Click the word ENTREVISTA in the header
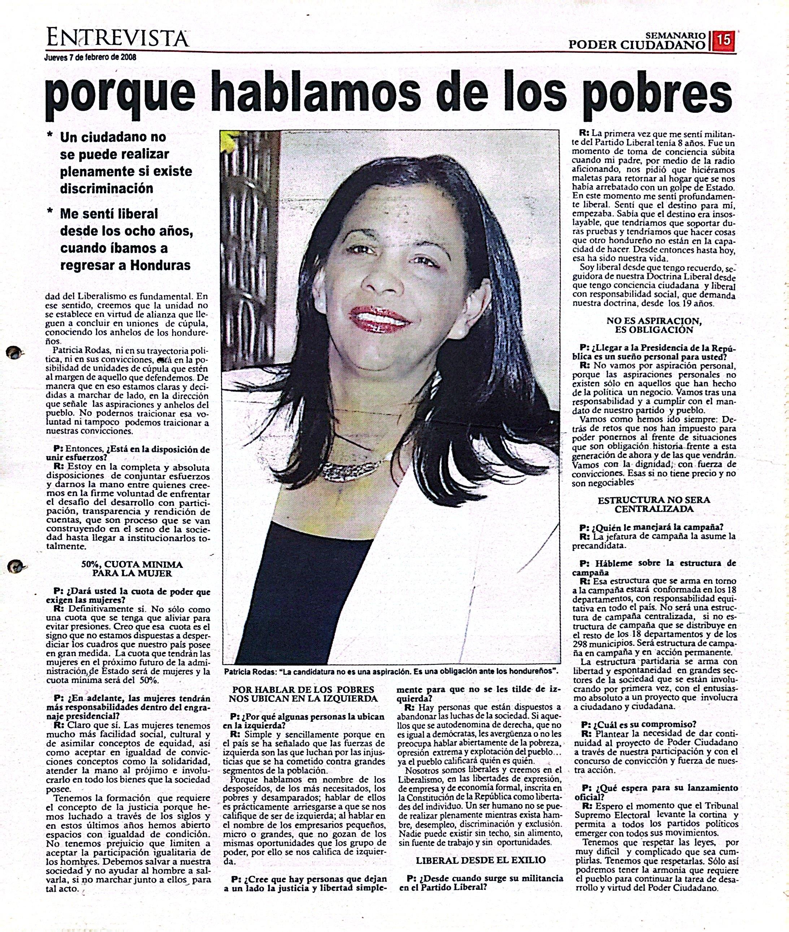pyautogui.click(x=118, y=39)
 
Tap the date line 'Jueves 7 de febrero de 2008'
pyautogui.click(x=90, y=57)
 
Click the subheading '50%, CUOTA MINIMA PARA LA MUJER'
pyautogui.click(x=132, y=569)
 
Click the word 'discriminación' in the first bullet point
pyautogui.click(x=107, y=188)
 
